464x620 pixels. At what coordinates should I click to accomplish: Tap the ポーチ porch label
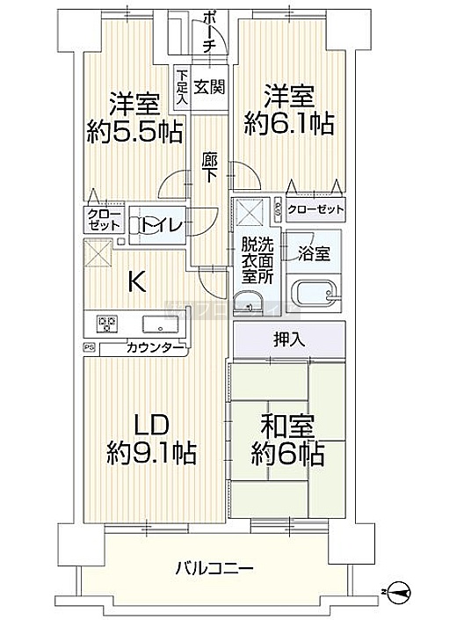209,32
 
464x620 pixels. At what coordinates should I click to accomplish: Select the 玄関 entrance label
209,86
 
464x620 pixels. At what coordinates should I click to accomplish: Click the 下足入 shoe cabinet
182,88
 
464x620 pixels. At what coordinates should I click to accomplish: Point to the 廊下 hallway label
209,167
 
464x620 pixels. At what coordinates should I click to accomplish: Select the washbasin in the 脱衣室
246,303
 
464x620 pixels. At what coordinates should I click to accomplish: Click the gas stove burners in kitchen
106,323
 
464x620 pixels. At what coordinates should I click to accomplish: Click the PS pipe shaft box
89,347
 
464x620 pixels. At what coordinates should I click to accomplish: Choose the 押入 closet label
290,339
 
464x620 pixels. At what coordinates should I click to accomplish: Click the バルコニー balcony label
214,569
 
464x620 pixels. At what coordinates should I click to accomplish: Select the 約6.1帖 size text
289,123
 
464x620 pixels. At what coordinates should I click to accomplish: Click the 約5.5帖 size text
134,131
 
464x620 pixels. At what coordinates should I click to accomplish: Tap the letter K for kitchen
136,282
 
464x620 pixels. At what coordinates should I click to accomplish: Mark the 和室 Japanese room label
288,427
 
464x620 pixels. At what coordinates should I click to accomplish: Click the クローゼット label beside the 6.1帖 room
315,209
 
